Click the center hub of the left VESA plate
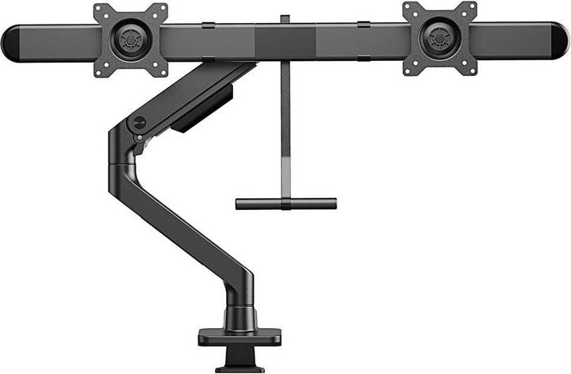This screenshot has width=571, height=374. click(x=130, y=39)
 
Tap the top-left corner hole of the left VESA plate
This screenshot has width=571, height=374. click(x=100, y=10)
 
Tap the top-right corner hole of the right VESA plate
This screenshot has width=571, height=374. click(x=471, y=7)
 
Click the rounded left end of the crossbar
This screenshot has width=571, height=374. click(x=11, y=42)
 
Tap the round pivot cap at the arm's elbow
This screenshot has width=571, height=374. click(x=140, y=123)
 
